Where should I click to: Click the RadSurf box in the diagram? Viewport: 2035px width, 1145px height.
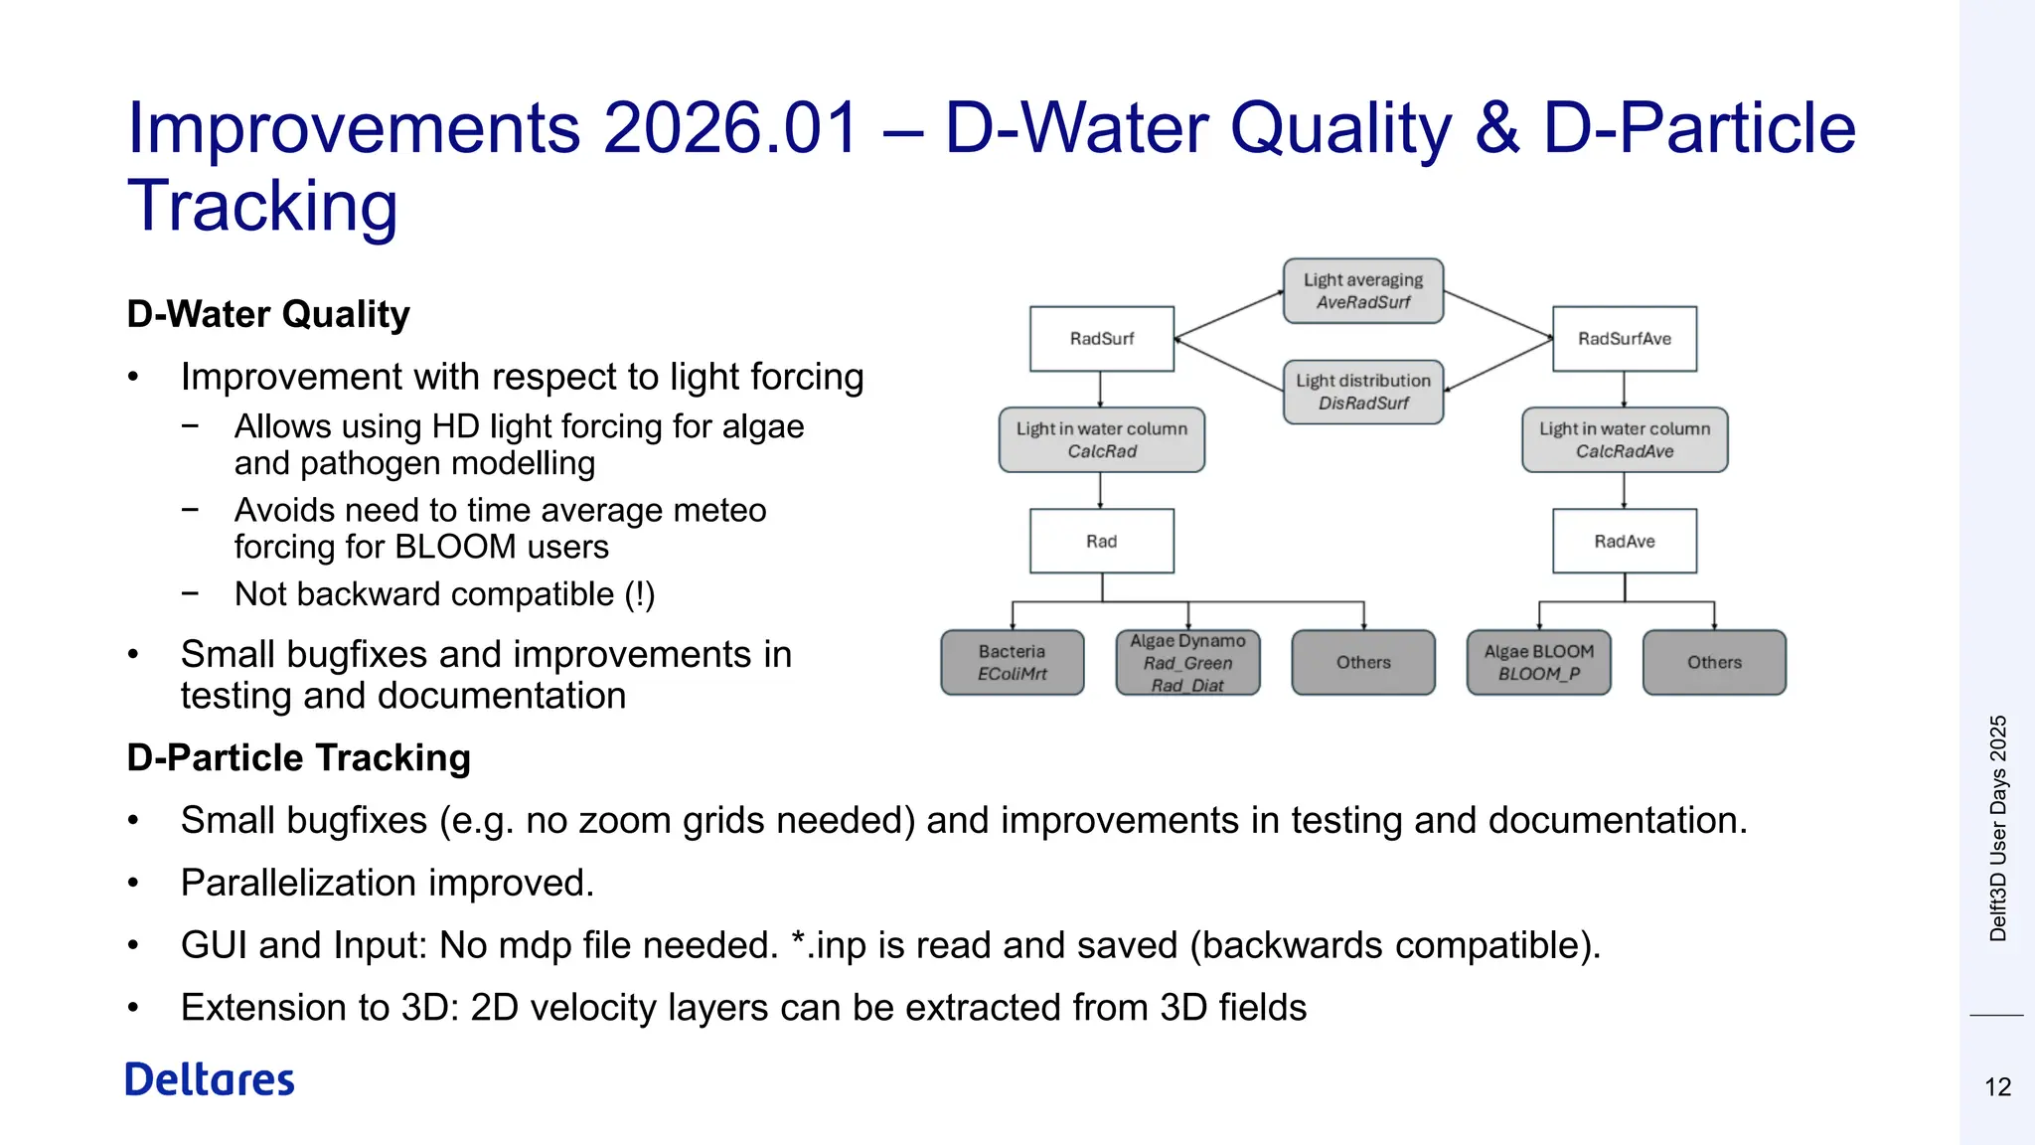1101,339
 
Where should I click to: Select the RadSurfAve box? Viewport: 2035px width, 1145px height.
1624,339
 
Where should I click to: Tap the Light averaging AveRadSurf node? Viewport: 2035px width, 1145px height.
1362,291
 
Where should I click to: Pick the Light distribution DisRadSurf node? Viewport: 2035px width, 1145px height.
1362,392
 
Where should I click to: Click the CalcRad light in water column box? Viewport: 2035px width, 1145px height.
1101,439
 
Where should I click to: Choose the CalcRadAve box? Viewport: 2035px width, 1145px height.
1624,439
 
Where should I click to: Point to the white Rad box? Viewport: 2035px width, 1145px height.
1101,541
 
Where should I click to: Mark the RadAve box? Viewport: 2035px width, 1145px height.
1624,541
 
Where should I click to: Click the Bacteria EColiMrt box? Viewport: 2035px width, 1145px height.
1012,662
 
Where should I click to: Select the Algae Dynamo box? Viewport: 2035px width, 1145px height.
1187,662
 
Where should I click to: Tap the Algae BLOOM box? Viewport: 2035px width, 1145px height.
1538,662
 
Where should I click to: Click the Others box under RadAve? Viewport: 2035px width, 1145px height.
1714,662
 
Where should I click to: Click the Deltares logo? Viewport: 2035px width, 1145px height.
210,1079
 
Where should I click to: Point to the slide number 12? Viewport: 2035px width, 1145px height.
1997,1086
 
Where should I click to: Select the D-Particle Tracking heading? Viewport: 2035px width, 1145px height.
298,757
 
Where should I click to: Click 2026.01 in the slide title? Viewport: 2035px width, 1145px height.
730,128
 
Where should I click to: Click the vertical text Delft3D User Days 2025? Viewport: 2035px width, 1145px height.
1997,827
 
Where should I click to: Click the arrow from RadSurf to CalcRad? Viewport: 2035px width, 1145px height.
1100,390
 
